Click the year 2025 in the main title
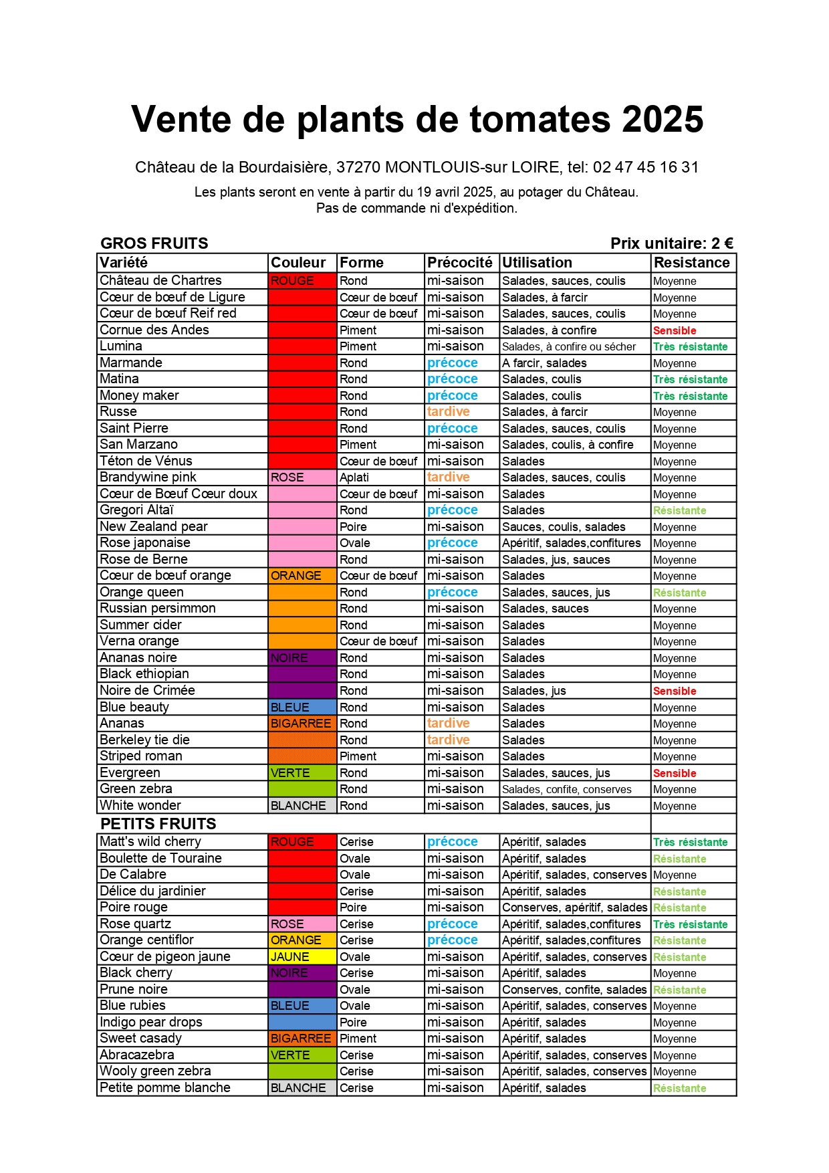[x=662, y=120]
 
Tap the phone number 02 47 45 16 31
[x=645, y=167]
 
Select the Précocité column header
[x=460, y=263]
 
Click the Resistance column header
[x=692, y=263]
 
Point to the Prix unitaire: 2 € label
[x=671, y=243]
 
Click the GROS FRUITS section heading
[x=154, y=243]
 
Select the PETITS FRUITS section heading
[x=158, y=824]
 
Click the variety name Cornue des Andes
[x=154, y=330]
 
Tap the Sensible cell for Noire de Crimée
[x=675, y=691]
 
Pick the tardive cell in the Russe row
[x=449, y=412]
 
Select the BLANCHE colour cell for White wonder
[x=298, y=806]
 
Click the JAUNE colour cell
[x=290, y=957]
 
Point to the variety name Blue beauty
[x=134, y=708]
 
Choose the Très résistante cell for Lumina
[x=690, y=347]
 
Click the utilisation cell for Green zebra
[x=567, y=790]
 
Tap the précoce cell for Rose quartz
[x=453, y=924]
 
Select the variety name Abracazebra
[x=137, y=1055]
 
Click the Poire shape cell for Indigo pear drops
[x=353, y=1023]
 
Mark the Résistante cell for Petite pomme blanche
[x=679, y=1089]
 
